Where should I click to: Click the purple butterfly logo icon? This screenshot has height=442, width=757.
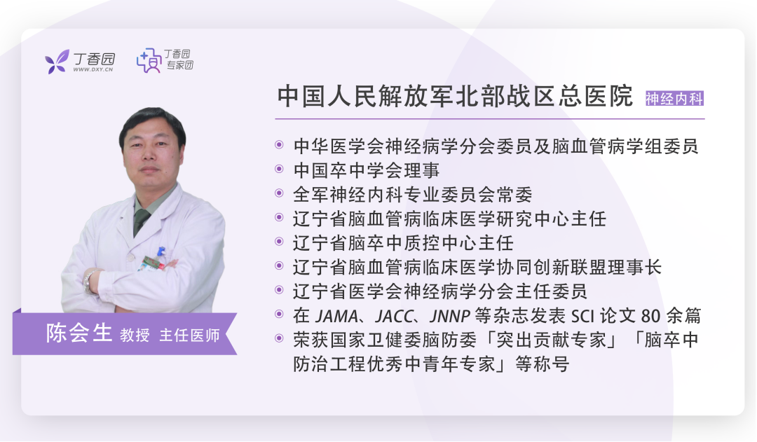pos(57,61)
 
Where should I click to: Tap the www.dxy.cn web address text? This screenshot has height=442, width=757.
pos(93,69)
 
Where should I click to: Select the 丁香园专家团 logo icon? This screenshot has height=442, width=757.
pos(149,60)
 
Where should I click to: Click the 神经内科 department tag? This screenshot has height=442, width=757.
pos(674,99)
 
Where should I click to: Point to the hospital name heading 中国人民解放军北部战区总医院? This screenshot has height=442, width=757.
pos(455,96)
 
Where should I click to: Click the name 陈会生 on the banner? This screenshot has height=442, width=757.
pos(79,333)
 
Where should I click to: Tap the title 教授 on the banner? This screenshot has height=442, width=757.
pos(135,335)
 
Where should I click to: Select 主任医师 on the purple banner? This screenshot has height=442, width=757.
pos(190,335)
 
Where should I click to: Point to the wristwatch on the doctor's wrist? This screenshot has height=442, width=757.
pos(89,282)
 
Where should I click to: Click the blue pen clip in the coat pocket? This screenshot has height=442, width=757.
pos(161,252)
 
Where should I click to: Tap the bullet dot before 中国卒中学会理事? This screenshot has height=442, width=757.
pos(279,169)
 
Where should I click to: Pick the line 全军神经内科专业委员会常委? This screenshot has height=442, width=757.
pos(413,195)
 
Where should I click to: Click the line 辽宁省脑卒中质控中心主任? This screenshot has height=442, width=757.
pos(403,243)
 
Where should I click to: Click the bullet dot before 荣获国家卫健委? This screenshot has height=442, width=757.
pos(279,338)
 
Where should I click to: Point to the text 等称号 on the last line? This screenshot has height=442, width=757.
pos(543,364)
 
